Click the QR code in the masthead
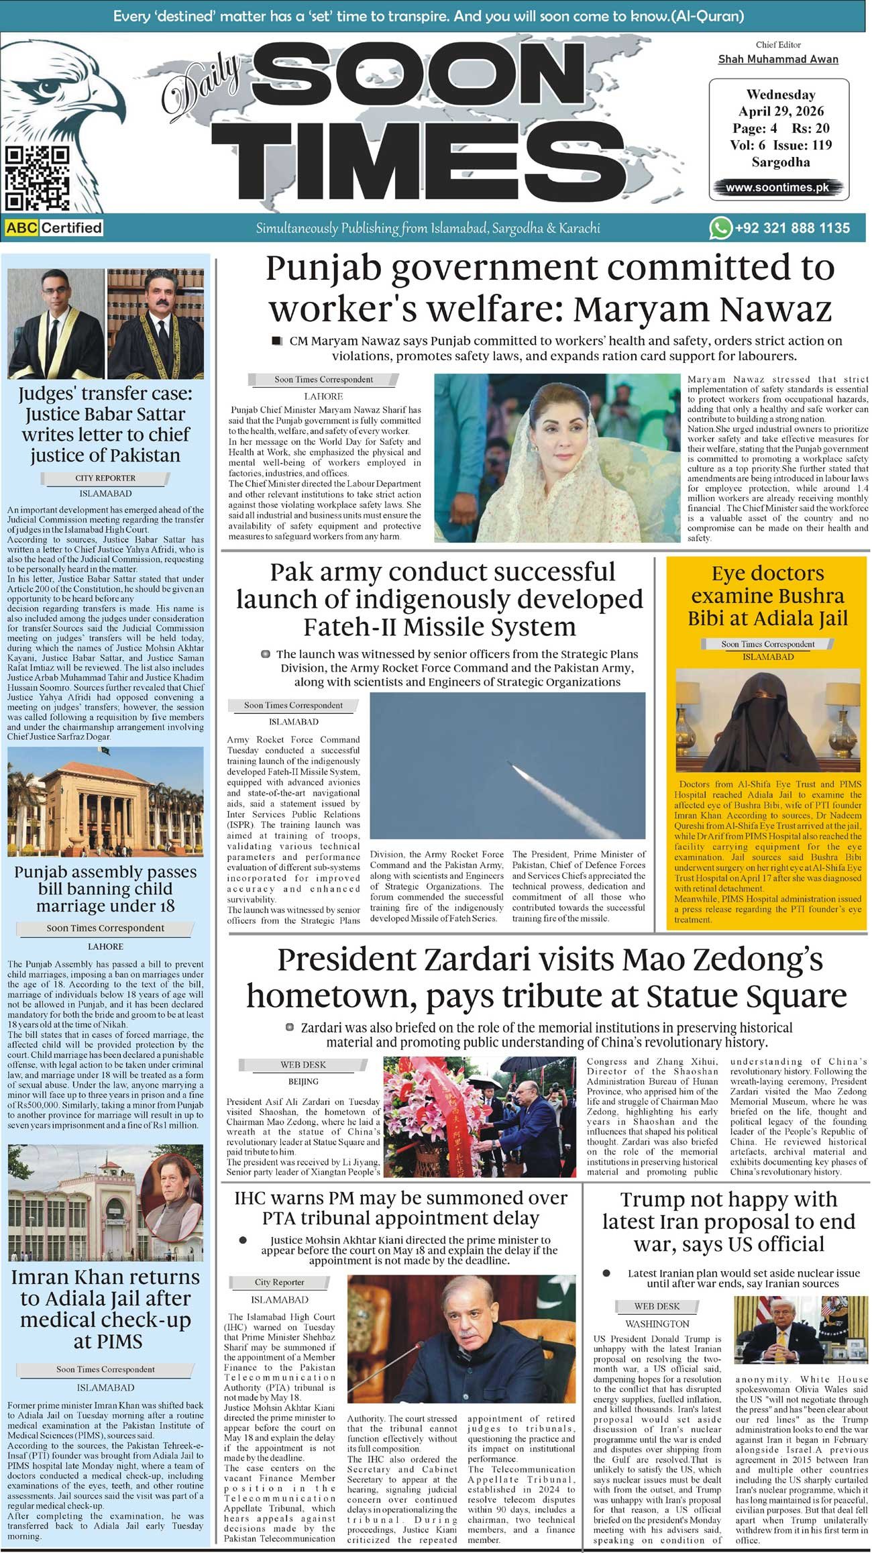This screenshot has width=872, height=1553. pos(38,178)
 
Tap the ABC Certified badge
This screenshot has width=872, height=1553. pos(54,228)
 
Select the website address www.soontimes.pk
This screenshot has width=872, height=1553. pos(777,188)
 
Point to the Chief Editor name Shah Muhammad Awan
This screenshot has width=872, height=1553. pos(778,59)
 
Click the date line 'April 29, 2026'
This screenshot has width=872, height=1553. pos(781,111)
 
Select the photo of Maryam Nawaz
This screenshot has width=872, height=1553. pos(556,458)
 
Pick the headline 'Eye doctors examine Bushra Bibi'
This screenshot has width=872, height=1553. pos(767,596)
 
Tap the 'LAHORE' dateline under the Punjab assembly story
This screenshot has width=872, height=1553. pos(105,947)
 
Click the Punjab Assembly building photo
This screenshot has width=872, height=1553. pos(105,802)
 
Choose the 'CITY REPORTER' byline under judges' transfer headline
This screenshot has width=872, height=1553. pos(105,478)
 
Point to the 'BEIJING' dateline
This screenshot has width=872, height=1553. pos(303,1081)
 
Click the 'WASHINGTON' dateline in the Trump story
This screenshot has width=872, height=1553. pos(657,1324)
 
